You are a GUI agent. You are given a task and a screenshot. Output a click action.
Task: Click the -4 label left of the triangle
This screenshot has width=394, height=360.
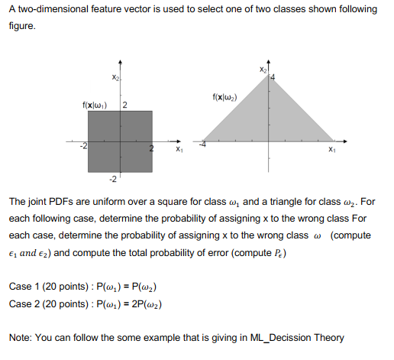point(203,143)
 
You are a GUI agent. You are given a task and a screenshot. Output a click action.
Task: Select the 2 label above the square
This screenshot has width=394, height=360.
point(124,104)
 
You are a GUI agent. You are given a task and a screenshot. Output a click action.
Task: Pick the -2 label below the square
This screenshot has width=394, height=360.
point(112,180)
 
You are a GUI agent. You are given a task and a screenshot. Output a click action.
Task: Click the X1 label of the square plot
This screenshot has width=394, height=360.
point(178,150)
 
